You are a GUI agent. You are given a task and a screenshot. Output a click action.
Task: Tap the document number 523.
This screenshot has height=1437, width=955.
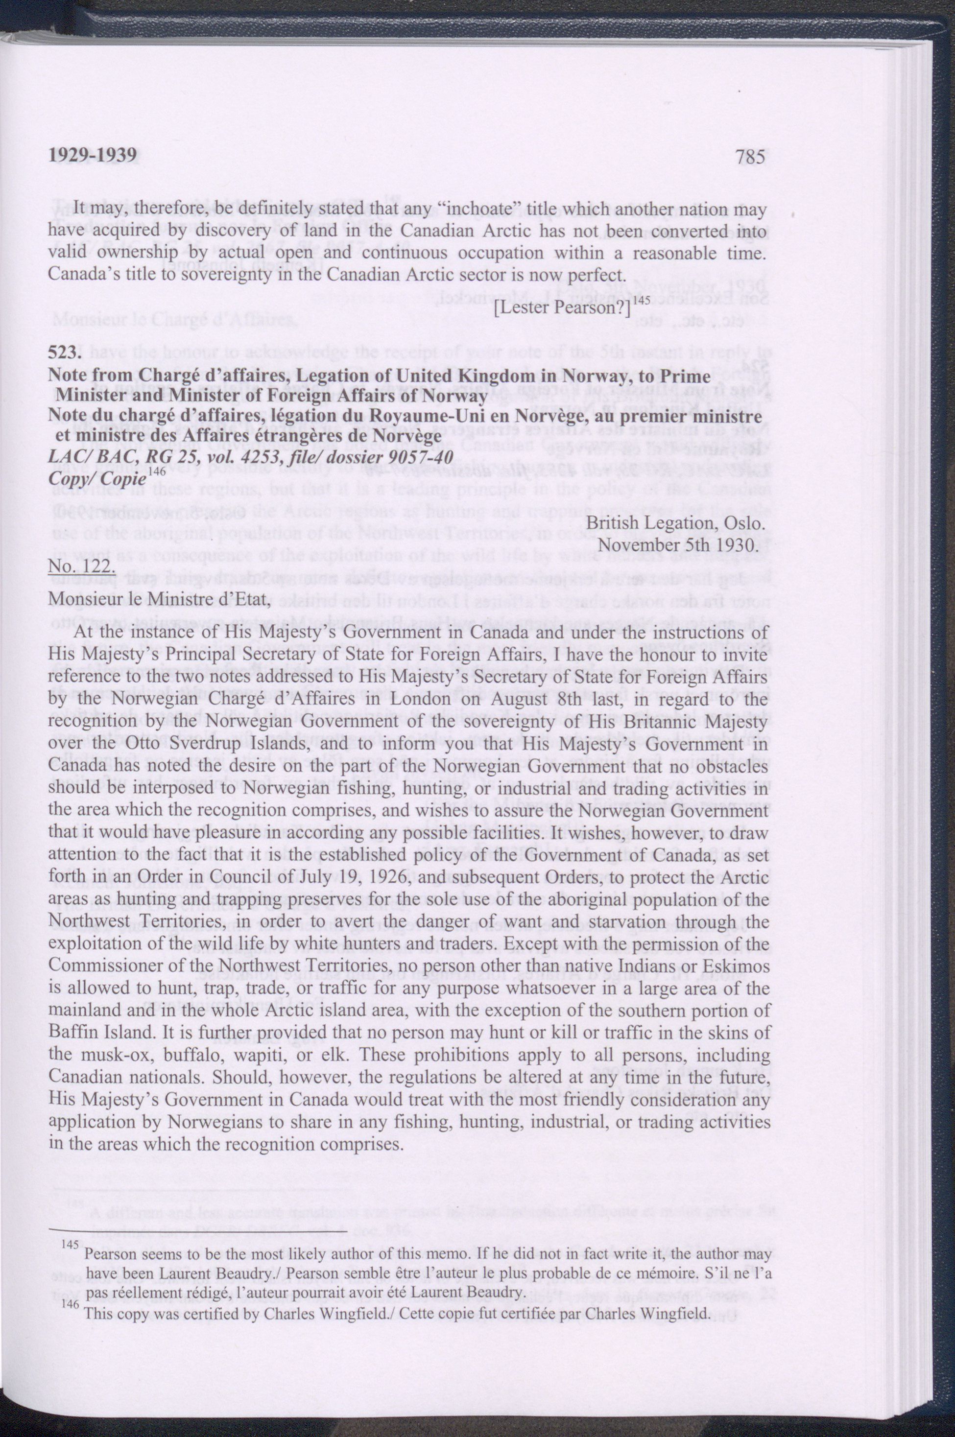tap(63, 353)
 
